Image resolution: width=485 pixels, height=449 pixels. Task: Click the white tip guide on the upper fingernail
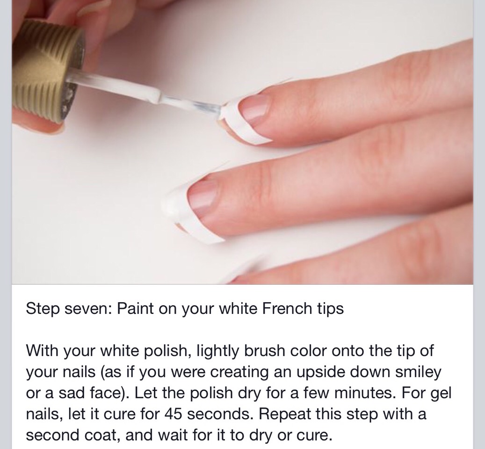pos(244,119)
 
